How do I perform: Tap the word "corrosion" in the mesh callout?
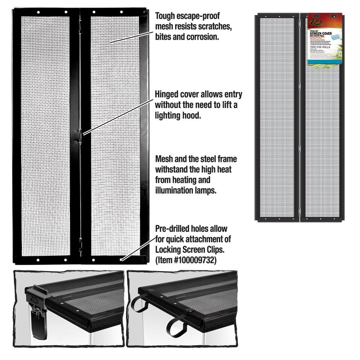point(201,37)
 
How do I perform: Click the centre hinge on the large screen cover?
point(81,137)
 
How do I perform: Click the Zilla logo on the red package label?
point(316,21)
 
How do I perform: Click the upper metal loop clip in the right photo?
point(138,304)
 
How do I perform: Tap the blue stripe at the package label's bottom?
point(324,62)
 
